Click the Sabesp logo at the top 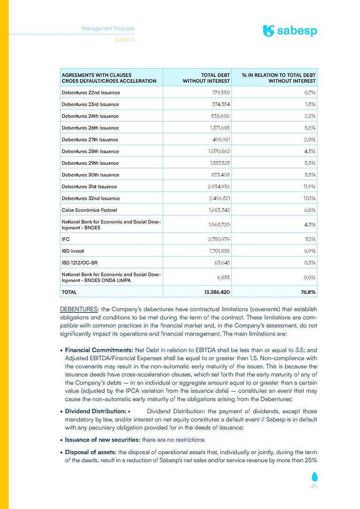[x=290, y=31]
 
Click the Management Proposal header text [x=108, y=29]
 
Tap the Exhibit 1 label [x=125, y=40]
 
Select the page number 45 [x=313, y=486]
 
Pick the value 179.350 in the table [x=219, y=93]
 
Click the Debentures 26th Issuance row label [x=90, y=128]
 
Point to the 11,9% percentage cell [x=307, y=187]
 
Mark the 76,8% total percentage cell [x=306, y=292]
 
